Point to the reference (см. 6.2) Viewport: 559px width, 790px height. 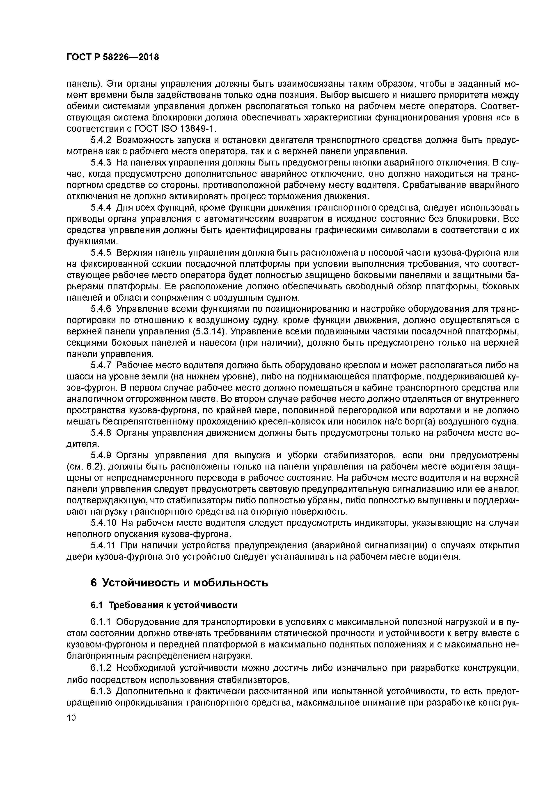coord(85,467)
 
